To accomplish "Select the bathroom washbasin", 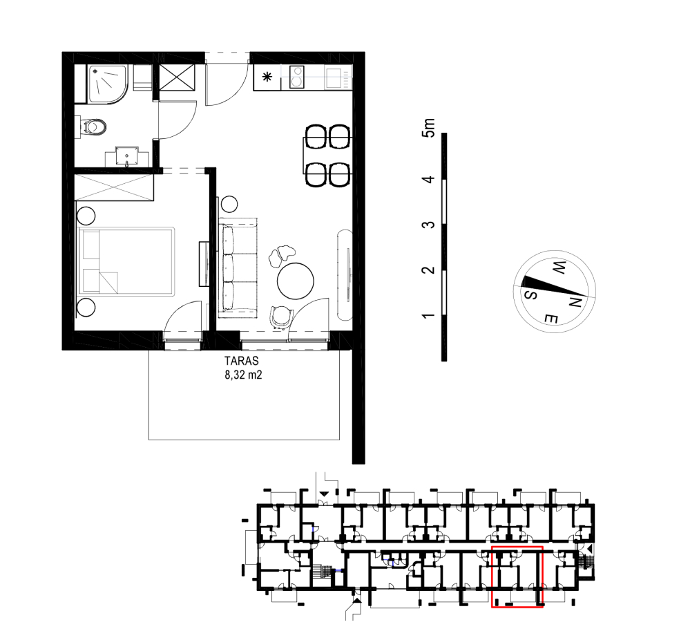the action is pyautogui.click(x=127, y=156).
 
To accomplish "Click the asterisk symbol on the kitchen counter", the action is pyautogui.click(x=267, y=77).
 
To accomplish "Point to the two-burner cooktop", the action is pyautogui.click(x=296, y=77).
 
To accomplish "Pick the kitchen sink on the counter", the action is pyautogui.click(x=334, y=77).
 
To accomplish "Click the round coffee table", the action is pyautogui.click(x=295, y=281).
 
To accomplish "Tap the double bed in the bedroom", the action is pyautogui.click(x=126, y=261).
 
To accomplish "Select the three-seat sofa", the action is pyautogui.click(x=238, y=268).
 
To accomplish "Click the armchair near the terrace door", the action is pyautogui.click(x=281, y=316).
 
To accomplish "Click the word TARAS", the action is pyautogui.click(x=241, y=361).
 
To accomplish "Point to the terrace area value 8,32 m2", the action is pyautogui.click(x=243, y=375).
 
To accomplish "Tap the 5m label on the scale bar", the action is pyautogui.click(x=428, y=128).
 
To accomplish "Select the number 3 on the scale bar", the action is pyautogui.click(x=428, y=224).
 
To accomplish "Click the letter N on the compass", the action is pyautogui.click(x=575, y=302).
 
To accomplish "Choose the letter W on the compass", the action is pyautogui.click(x=559, y=268).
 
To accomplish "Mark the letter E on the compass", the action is pyautogui.click(x=551, y=319).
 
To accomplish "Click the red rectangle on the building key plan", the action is pyautogui.click(x=517, y=576).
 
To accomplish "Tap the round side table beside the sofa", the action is pyautogui.click(x=229, y=205).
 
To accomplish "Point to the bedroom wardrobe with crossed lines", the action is pyautogui.click(x=114, y=188).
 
